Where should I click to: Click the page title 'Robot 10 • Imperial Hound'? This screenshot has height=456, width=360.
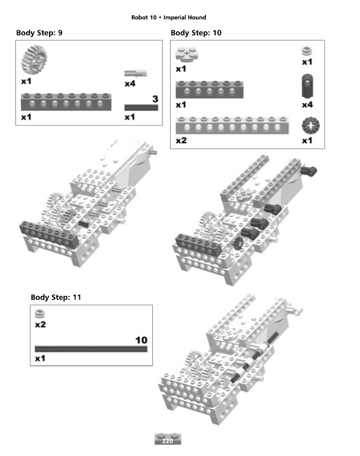168,18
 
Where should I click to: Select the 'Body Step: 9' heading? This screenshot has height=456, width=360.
39,33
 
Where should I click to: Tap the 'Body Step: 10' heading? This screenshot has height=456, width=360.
196,33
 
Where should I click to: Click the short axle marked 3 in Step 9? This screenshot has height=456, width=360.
141,107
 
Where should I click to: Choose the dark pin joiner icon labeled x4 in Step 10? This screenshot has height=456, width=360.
307,87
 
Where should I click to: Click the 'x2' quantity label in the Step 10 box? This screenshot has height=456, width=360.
181,140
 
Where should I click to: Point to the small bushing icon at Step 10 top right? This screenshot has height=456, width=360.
307,51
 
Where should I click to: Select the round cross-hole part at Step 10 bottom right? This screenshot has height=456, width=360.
309,125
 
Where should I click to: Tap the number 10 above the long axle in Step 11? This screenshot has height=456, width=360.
140,340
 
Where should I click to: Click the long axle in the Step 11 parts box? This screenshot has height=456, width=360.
91,349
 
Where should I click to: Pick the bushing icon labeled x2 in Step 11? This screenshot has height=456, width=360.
40,313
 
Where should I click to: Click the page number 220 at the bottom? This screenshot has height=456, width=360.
167,441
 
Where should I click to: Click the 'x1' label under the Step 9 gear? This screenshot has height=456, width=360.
26,82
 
